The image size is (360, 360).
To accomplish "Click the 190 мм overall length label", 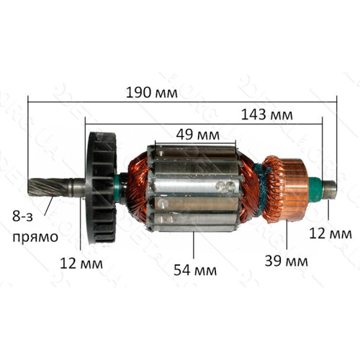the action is point(152,93).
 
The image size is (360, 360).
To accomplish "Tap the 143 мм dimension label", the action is point(266,114).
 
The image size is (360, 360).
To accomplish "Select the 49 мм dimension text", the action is point(197,135).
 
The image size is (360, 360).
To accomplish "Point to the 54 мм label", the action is point(195,270).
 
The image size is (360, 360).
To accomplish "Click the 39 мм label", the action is point(286,261).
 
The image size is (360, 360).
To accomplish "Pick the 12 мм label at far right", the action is point(330,233).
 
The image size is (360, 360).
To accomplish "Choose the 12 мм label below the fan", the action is point(81,264).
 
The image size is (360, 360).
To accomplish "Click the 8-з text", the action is point(22,217).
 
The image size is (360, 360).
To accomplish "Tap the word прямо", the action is point(35,238).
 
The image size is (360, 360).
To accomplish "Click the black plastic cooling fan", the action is point(102,189).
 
